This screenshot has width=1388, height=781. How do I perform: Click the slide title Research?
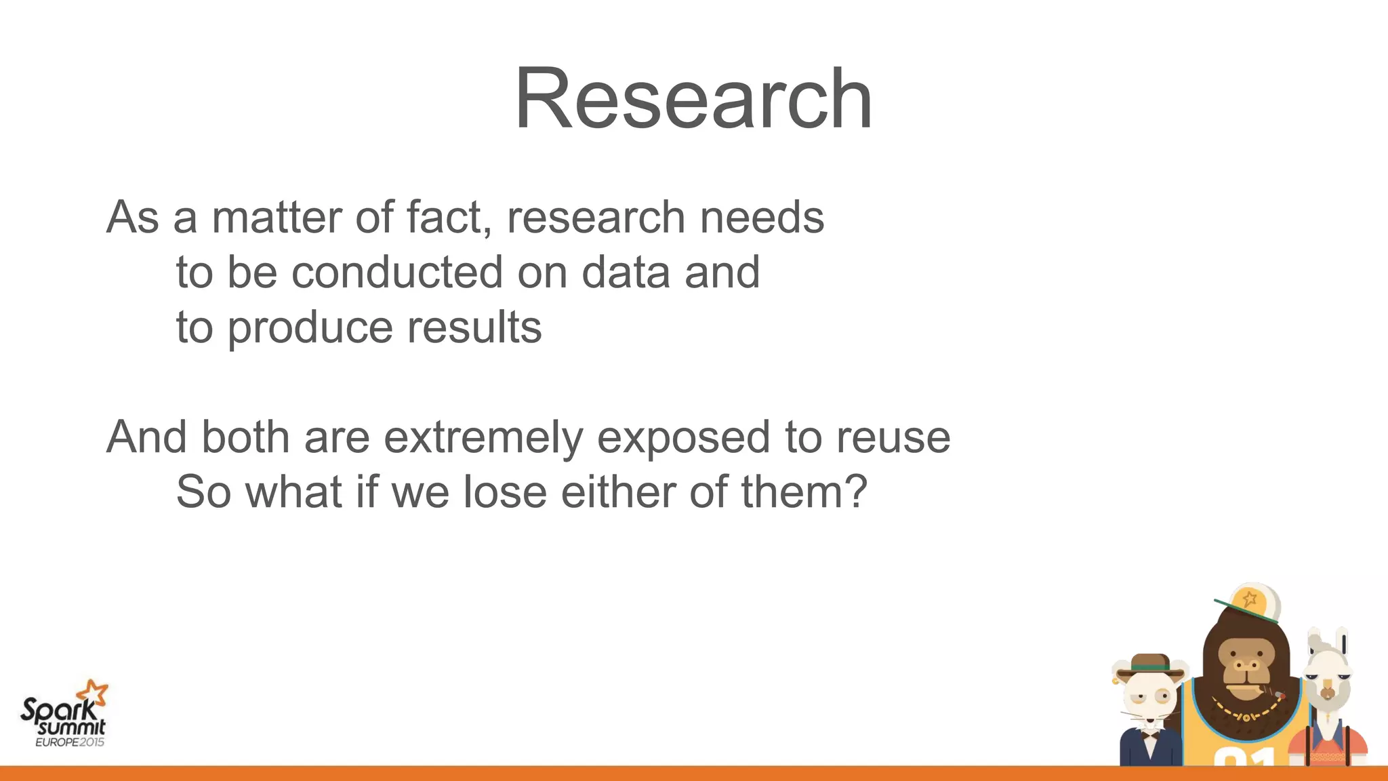click(x=693, y=99)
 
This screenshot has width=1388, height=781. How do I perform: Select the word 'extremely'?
click(x=483, y=437)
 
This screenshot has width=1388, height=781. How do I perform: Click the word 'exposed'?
click(x=683, y=437)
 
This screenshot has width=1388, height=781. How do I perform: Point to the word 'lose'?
click(x=505, y=492)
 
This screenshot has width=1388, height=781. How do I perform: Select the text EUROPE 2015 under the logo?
click(x=70, y=742)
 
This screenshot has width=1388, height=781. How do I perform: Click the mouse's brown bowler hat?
click(x=1150, y=664)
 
